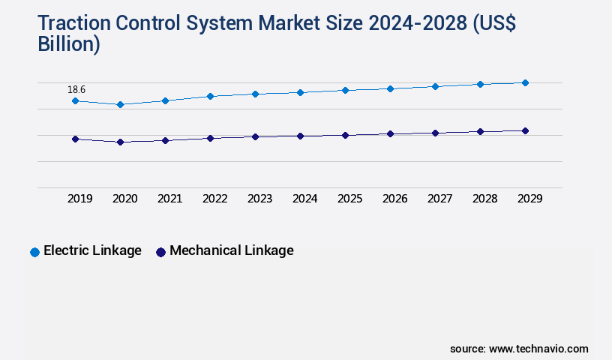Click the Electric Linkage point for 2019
[x=75, y=100]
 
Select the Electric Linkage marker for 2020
[x=120, y=104]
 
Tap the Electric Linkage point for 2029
[x=525, y=82]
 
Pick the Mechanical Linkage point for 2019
[x=75, y=139]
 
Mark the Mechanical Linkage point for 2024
[x=300, y=136]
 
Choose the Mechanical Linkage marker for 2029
[x=525, y=130]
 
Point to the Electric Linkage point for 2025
[x=345, y=90]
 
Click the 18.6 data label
[x=76, y=89]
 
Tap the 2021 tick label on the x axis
[x=169, y=199]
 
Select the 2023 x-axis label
[x=259, y=199]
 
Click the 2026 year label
[x=394, y=199]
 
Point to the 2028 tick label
[x=484, y=199]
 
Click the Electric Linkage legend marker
[x=34, y=252]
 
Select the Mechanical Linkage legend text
[x=232, y=250]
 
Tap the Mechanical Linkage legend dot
[x=160, y=252]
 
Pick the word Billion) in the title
[x=69, y=44]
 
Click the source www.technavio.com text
[x=519, y=349]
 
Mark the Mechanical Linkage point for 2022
[x=210, y=138]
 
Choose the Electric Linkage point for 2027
[x=435, y=86]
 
